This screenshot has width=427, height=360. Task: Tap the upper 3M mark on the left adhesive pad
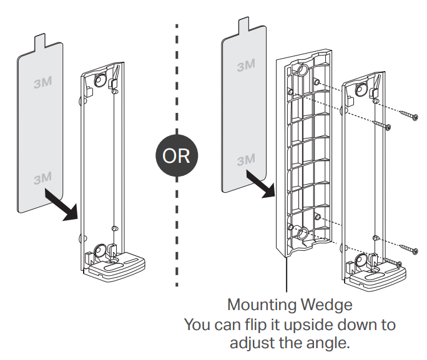(43, 83)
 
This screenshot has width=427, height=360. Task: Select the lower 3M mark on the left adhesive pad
(43, 178)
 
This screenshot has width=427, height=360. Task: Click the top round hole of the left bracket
(100, 81)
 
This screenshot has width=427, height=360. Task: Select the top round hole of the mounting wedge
(301, 69)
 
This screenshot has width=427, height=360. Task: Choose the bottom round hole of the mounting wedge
(301, 234)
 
